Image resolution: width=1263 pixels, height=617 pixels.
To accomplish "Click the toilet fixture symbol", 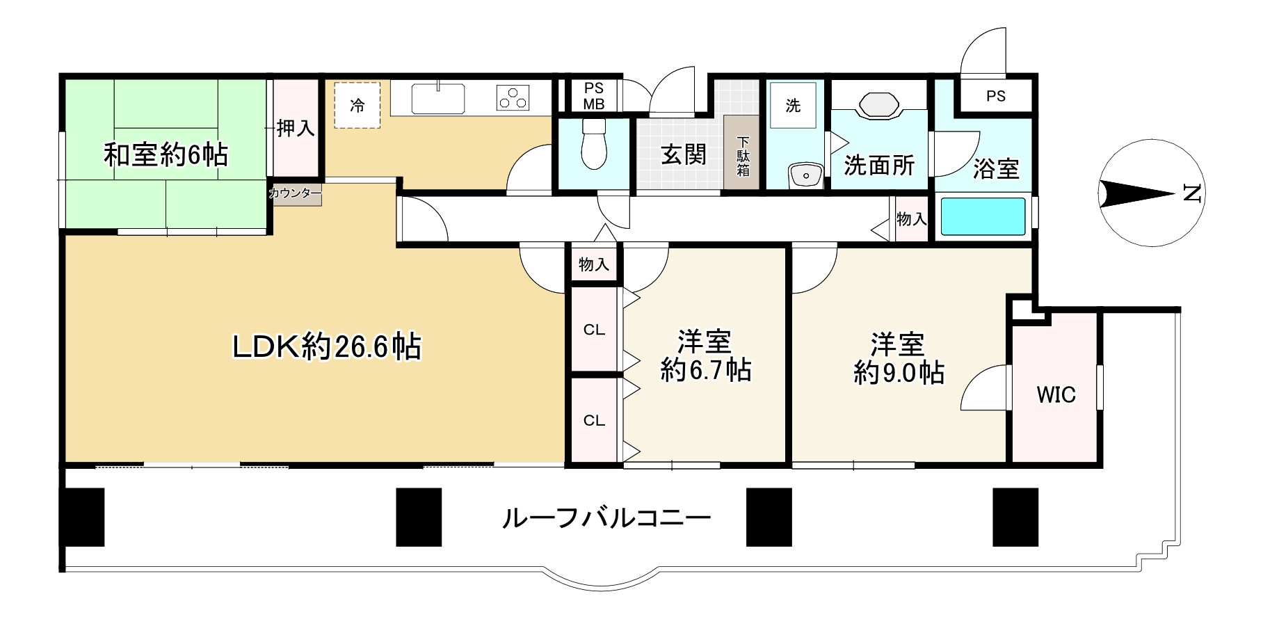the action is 593,144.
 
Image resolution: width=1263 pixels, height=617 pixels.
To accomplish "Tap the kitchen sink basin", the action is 438,98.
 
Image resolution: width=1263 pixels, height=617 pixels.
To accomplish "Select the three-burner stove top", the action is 513,98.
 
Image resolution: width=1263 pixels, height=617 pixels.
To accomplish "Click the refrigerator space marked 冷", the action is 357,105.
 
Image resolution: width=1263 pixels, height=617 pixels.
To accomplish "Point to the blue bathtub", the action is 983,216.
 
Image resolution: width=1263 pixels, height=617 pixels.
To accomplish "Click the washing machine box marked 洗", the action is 794,105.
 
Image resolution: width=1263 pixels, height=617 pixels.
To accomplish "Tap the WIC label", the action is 1056,395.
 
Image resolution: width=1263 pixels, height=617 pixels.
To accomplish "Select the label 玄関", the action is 683,154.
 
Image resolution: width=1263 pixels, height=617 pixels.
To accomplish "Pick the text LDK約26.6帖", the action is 326,346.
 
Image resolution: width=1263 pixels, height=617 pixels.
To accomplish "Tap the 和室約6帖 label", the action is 166,154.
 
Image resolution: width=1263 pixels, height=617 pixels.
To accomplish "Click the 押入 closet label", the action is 296,128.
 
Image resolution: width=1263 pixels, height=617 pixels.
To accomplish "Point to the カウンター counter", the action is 296,194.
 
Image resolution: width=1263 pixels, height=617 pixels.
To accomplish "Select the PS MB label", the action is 594,96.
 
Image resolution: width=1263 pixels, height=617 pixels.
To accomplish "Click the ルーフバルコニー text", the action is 606,518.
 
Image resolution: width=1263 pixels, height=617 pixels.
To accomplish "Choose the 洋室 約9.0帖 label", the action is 899,359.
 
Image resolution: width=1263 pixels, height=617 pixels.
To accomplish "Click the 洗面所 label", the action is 879,165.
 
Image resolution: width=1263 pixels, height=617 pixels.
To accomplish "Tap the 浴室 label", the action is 996,169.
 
